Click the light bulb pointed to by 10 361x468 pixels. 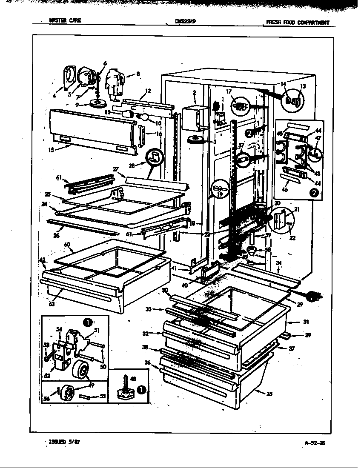point(143,116)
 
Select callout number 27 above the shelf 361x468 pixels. point(115,169)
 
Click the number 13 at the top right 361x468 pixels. point(303,86)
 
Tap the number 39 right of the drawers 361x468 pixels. point(308,335)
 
